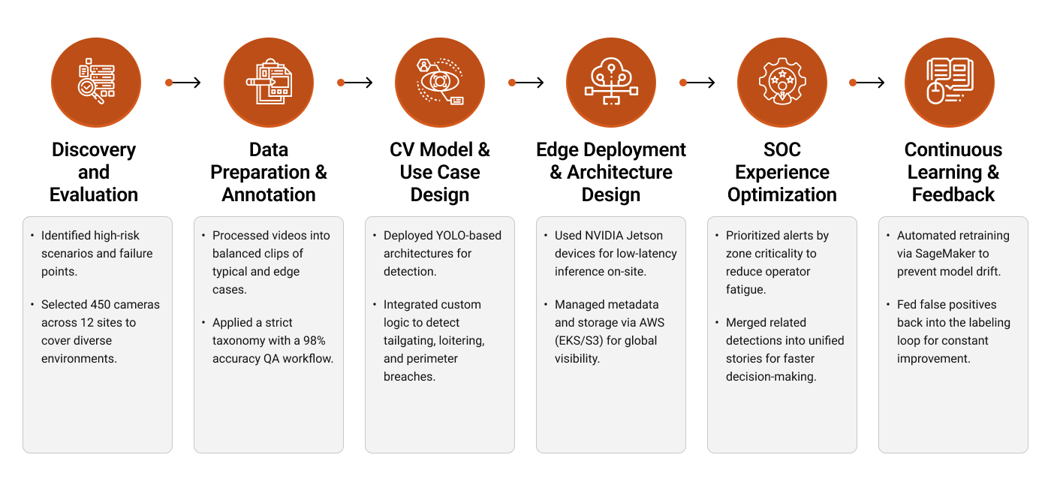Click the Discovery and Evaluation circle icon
click(x=95, y=83)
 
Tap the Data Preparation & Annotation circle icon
click(x=268, y=83)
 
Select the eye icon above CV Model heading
click(x=439, y=83)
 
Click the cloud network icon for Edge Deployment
click(x=610, y=83)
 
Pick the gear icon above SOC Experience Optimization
click(x=781, y=83)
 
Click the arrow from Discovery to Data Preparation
click(x=183, y=83)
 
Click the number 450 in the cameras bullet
click(x=101, y=305)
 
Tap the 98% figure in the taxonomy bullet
click(x=312, y=341)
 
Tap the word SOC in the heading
click(x=781, y=149)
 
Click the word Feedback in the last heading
click(x=953, y=194)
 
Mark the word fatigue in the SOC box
click(x=745, y=290)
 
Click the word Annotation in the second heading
click(x=268, y=194)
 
